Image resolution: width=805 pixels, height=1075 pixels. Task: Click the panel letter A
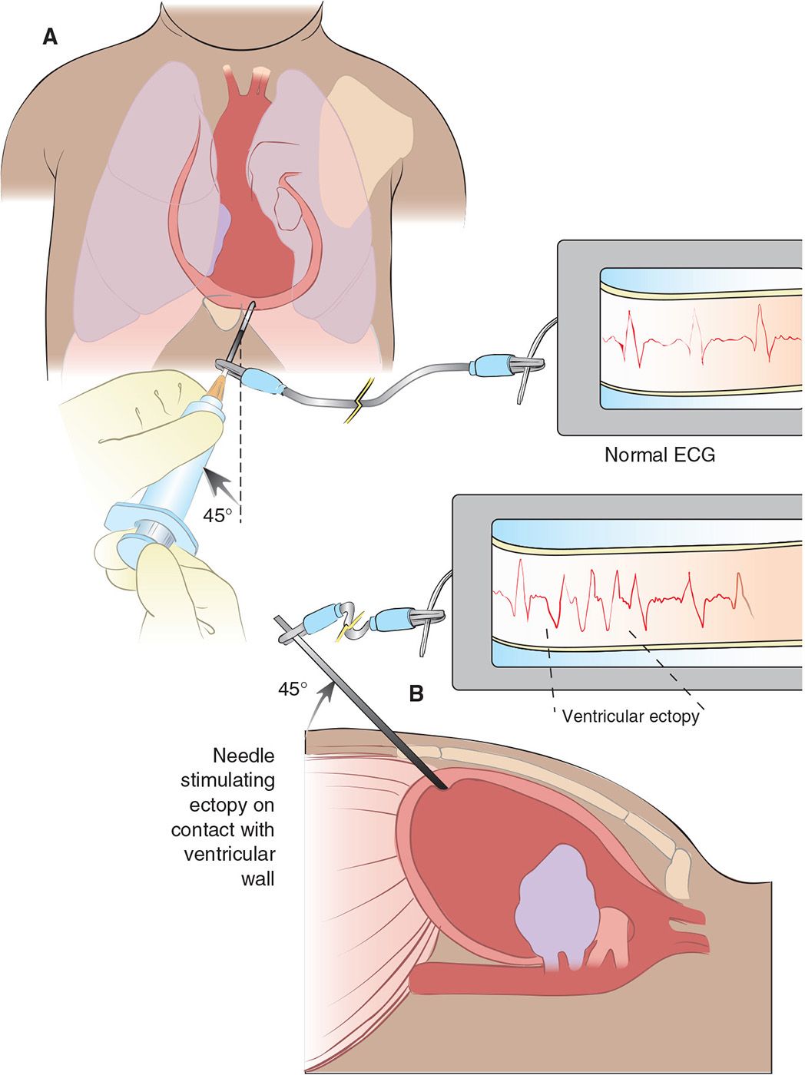click(x=50, y=36)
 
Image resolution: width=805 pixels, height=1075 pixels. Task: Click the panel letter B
click(x=416, y=693)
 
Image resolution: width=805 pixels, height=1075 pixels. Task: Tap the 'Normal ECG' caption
click(x=659, y=455)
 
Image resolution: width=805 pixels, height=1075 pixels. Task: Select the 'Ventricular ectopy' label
click(x=631, y=716)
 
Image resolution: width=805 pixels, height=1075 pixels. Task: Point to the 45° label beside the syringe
click(x=217, y=515)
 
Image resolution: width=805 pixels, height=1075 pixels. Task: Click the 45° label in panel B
click(x=292, y=689)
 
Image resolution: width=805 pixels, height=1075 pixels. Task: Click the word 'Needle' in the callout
click(x=243, y=756)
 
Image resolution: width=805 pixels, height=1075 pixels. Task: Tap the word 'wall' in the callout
click(x=257, y=878)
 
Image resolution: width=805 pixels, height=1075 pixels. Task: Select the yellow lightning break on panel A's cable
click(x=356, y=407)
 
